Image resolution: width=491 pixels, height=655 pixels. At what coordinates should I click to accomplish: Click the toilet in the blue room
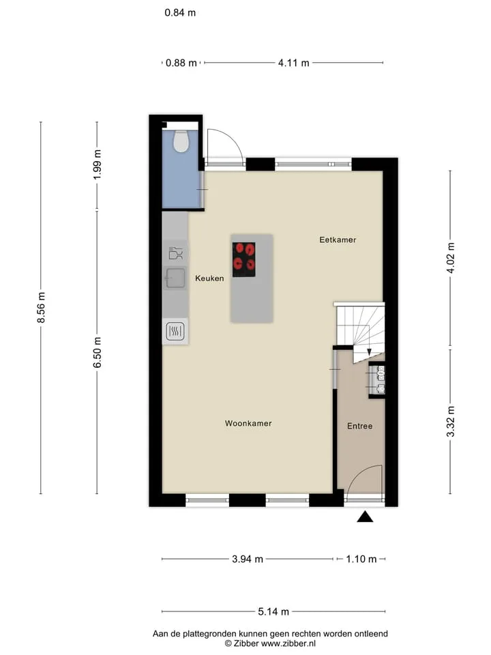coord(181,141)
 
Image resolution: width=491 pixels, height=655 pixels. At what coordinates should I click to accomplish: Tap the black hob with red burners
coord(244,259)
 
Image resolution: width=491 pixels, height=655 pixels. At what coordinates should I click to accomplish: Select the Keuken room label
coord(209,278)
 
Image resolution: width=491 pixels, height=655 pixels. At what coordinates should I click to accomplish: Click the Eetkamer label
coord(338,239)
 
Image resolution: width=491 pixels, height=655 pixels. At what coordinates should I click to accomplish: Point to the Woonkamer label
coord(248,423)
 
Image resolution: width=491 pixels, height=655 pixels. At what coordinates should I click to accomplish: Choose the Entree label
coord(360,426)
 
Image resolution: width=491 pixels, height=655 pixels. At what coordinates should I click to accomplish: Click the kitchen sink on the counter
coord(175,278)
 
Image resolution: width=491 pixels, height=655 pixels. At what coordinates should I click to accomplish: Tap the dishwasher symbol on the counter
coord(176,253)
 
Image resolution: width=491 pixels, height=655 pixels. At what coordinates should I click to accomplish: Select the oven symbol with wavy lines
coord(175,332)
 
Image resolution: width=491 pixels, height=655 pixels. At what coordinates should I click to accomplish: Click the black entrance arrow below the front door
coord(365,516)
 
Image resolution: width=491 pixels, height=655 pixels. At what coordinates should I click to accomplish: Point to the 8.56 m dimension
coord(41,308)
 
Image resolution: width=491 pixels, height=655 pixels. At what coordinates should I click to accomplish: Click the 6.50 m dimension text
coord(97,352)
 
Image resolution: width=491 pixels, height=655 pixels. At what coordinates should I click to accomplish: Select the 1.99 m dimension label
coord(97,164)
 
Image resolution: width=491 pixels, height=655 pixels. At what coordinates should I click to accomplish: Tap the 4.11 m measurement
coord(294,63)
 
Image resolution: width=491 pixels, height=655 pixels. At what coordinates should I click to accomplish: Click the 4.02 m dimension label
coord(451,258)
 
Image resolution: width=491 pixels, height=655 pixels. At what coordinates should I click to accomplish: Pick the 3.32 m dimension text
coord(451,421)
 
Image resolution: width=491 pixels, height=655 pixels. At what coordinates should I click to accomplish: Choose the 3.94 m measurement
coord(248,559)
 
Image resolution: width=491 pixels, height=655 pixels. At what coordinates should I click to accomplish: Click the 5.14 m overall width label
coord(273,612)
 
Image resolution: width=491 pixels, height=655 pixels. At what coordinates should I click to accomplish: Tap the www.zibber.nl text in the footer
coord(288,643)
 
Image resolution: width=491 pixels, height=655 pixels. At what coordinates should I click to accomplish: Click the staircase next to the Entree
coord(360,330)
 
